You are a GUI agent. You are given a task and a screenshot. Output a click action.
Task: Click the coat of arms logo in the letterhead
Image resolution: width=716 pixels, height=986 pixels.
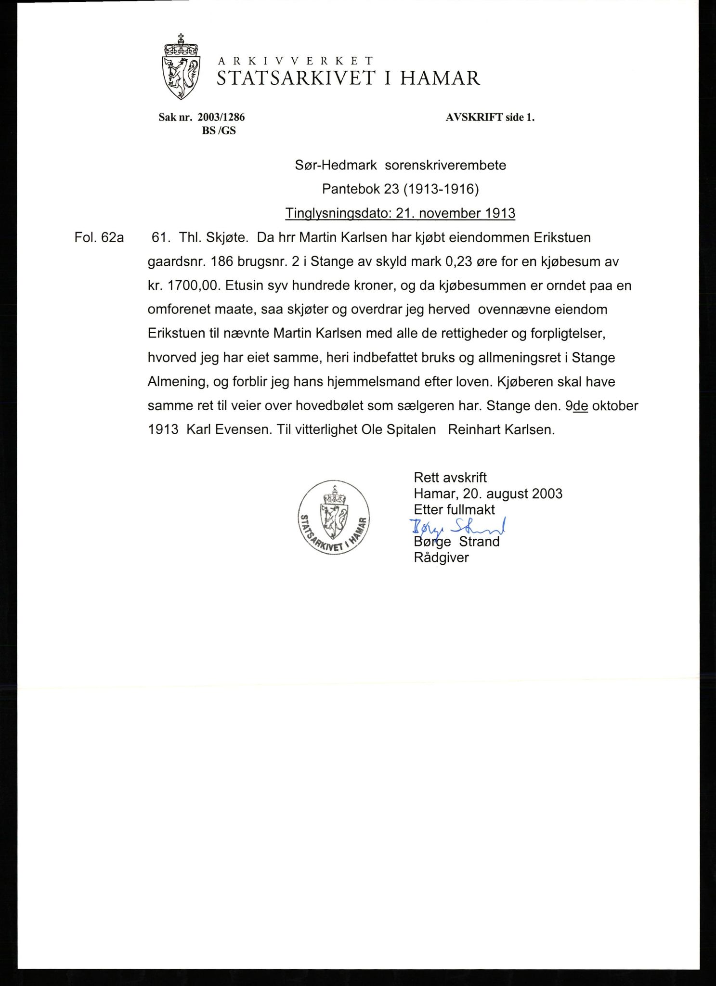pyautogui.click(x=181, y=67)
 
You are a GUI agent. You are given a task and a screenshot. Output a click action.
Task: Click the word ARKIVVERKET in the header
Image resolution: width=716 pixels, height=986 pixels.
pyautogui.click(x=296, y=61)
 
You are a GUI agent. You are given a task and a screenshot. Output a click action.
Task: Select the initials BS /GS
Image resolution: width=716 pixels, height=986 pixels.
pyautogui.click(x=219, y=130)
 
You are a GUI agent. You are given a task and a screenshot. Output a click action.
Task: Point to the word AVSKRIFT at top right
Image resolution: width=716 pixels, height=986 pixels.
pyautogui.click(x=474, y=117)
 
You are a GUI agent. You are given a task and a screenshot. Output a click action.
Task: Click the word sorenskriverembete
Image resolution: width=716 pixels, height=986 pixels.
pyautogui.click(x=445, y=165)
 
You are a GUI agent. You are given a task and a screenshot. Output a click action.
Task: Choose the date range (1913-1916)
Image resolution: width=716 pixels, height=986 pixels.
pyautogui.click(x=442, y=189)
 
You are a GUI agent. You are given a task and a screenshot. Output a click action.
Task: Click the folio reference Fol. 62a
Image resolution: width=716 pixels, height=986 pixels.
pyautogui.click(x=99, y=237)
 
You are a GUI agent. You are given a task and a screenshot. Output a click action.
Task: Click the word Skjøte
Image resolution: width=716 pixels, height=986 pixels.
pyautogui.click(x=226, y=237)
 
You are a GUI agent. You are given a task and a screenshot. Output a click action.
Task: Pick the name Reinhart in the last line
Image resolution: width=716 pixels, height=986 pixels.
pyautogui.click(x=474, y=429)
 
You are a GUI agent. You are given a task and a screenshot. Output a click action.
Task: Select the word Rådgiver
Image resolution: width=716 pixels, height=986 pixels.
pyautogui.click(x=441, y=558)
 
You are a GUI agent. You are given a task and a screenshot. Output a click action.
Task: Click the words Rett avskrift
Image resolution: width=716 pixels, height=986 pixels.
pyautogui.click(x=450, y=477)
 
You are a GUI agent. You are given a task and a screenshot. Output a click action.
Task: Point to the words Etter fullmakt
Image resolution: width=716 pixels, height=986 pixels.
pyautogui.click(x=454, y=509)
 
